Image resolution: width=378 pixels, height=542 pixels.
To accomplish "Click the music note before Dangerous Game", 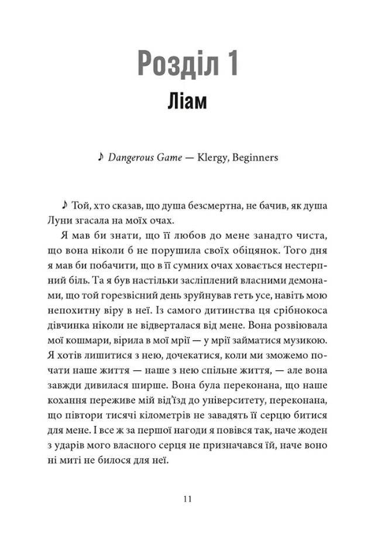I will pos(102,156).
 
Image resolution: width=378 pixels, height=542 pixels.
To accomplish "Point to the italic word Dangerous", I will pos(132,157).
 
